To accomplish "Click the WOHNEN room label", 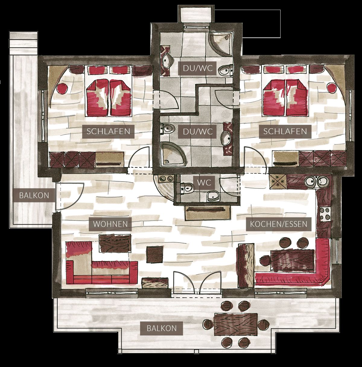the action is point(110,224).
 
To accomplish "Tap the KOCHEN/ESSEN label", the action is point(278,224).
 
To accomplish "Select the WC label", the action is point(204,183).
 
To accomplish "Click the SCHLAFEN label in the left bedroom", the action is point(108,131).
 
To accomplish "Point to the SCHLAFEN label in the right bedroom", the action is point(285,131).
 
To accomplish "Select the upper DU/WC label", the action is point(198,68).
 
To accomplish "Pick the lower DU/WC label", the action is point(198,132).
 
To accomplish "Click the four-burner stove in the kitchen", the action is point(324,214).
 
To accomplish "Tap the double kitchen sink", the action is point(317,181).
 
